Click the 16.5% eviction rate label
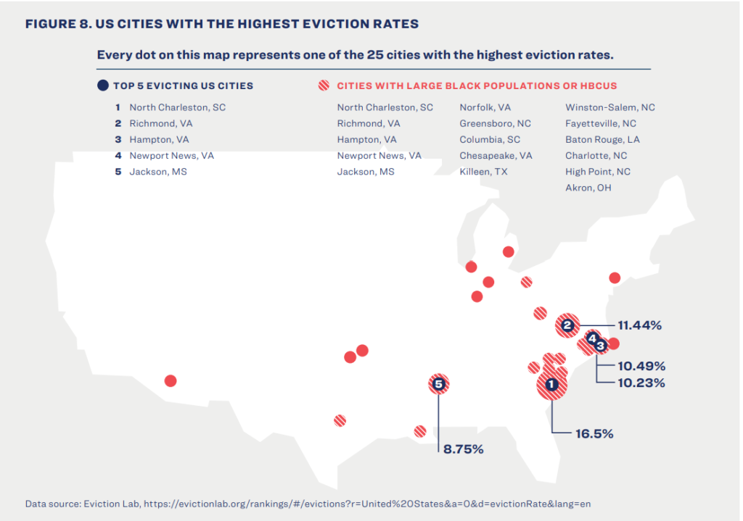(594, 434)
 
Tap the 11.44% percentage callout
(639, 325)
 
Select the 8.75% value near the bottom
(463, 449)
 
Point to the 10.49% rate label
(641, 366)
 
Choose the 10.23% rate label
(641, 383)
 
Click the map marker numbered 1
(551, 385)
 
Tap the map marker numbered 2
(568, 326)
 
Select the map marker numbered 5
(438, 383)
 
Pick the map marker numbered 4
(592, 338)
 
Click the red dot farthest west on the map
(171, 380)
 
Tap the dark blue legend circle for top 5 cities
(103, 86)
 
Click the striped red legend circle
(324, 86)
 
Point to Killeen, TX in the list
(484, 172)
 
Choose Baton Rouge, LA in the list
(602, 139)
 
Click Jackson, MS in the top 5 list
(157, 172)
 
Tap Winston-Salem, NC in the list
(609, 107)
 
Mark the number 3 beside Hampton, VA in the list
(118, 139)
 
